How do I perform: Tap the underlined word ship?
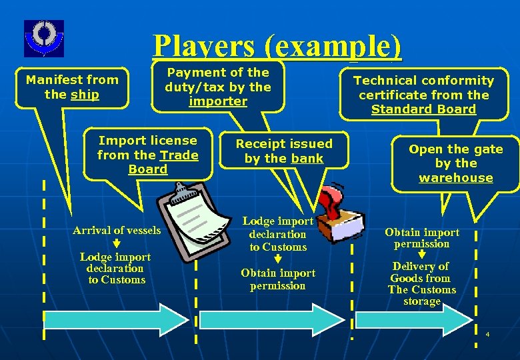coord(85,95)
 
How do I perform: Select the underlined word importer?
coord(218,101)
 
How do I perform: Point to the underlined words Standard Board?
coord(423,109)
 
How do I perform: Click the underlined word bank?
coord(307,159)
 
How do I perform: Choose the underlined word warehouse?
coord(456,178)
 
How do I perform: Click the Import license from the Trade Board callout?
coord(147,155)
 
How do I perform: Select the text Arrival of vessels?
coord(117,231)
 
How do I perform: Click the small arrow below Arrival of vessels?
coord(117,245)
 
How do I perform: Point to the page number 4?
coord(487,334)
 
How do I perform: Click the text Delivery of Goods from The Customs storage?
coord(422,284)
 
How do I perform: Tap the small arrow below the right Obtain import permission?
coord(422,255)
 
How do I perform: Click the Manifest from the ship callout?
coord(71,87)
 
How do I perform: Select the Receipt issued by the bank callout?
coord(284,151)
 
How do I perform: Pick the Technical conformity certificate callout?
coord(423,95)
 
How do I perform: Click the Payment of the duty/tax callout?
coord(218,87)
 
